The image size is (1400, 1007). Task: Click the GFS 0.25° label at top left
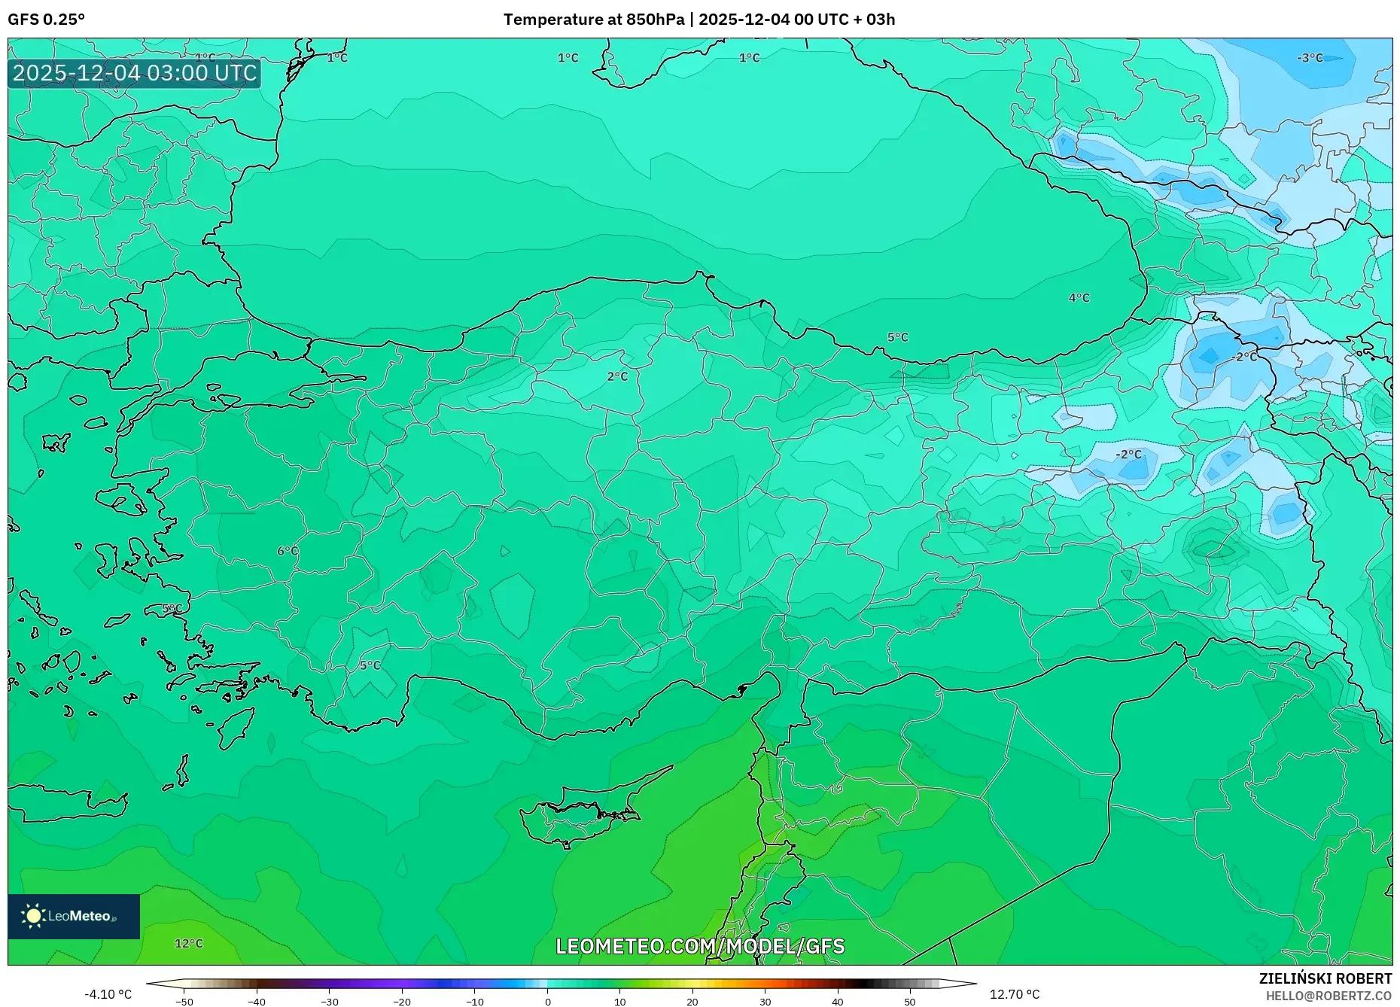46,20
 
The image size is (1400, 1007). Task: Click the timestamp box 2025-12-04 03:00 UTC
135,74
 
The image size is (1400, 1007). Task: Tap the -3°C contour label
1310,58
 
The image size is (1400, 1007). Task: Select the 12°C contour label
188,943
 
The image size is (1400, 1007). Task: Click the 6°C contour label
288,551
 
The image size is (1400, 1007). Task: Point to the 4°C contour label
1079,298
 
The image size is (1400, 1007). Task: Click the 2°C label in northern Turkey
617,376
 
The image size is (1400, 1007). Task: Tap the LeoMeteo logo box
74,916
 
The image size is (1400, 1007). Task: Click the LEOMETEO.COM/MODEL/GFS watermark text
700,946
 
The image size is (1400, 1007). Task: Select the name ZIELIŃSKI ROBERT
1325,978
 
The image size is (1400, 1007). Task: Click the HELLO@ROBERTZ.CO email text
1328,996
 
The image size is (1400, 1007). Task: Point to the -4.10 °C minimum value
108,994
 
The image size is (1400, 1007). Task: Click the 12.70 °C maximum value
1014,994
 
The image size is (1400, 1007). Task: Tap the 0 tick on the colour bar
547,1002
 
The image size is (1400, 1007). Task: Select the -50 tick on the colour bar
184,1002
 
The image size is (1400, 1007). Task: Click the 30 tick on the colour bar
765,1002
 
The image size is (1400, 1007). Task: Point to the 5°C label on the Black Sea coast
897,337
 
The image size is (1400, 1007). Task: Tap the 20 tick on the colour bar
692,1002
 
